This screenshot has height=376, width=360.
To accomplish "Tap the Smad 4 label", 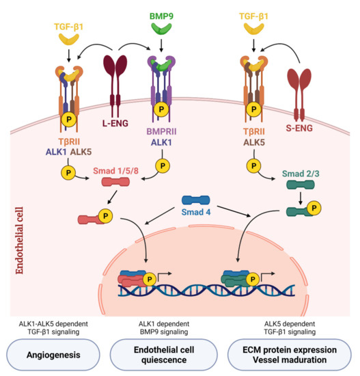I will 195,211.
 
